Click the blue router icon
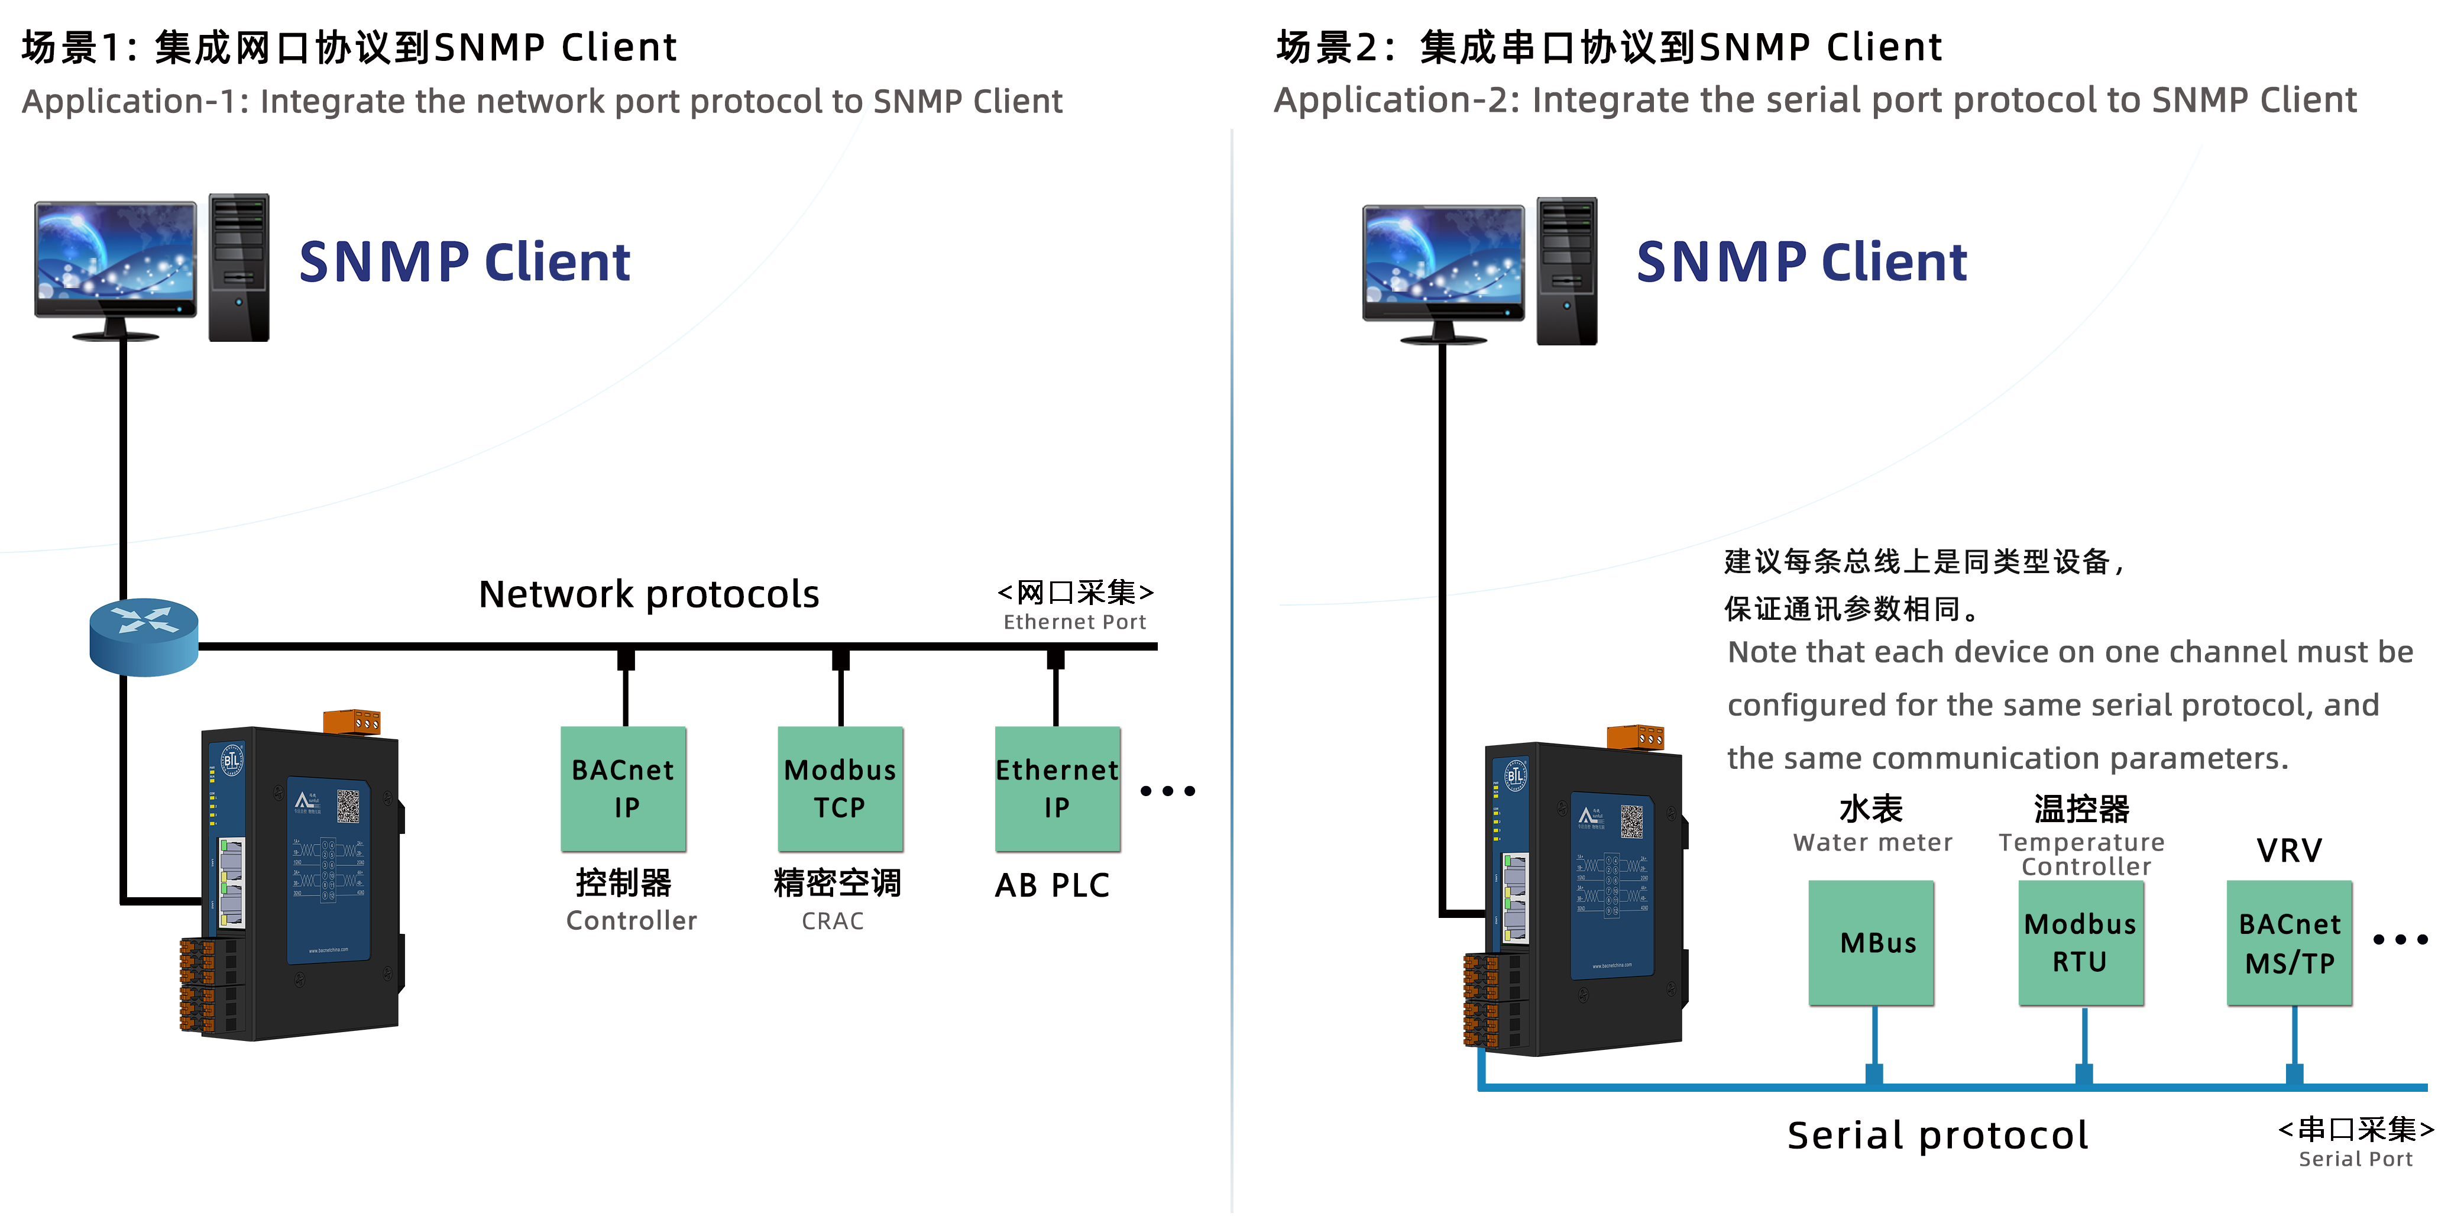[144, 636]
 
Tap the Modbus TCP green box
[840, 788]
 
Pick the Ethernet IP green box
[1057, 788]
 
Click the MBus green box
[1871, 942]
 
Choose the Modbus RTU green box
[2080, 942]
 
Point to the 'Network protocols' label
[649, 594]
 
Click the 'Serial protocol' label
[1937, 1136]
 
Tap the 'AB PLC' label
[1052, 886]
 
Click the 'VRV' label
[2289, 851]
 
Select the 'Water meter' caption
[1872, 843]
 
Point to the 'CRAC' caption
[832, 921]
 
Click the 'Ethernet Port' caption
[1074, 623]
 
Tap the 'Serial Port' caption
[2355, 1159]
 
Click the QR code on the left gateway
[348, 806]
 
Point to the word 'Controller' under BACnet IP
[632, 921]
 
